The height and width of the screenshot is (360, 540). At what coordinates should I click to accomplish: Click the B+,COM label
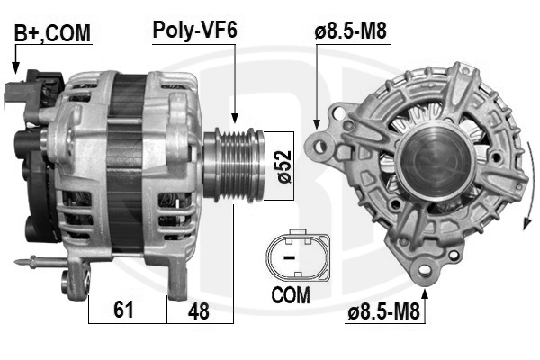point(52,33)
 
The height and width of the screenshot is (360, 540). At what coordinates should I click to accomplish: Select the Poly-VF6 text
point(195,30)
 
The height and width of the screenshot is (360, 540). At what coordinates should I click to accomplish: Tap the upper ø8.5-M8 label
point(351,31)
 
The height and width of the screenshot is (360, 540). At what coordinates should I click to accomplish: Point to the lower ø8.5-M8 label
point(384,311)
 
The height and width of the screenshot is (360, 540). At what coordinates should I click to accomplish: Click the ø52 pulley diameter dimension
point(284,166)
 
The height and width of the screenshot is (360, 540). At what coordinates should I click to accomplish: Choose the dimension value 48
point(199,311)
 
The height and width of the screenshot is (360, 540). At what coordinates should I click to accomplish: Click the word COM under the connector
point(291,295)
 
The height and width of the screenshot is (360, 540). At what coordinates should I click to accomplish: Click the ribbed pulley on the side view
point(234,165)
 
